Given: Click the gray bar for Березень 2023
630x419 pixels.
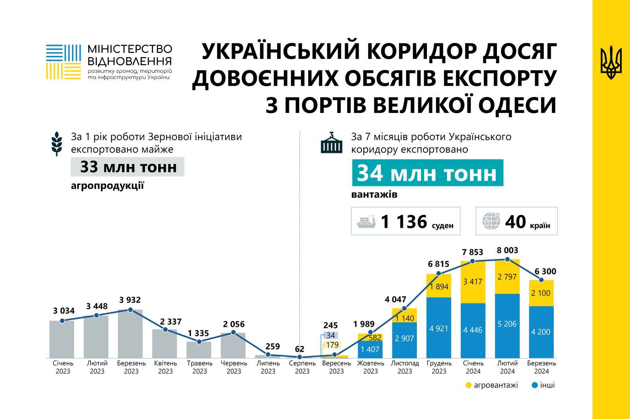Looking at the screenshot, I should (x=130, y=334).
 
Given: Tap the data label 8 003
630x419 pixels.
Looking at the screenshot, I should (x=507, y=250).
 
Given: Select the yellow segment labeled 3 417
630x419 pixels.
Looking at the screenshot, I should (x=473, y=282).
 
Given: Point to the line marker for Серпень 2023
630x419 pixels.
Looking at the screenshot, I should (x=300, y=357).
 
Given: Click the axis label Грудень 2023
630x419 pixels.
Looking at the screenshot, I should (x=439, y=367).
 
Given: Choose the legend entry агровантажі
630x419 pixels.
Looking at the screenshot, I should (x=492, y=385).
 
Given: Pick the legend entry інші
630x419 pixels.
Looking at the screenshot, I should (x=543, y=385).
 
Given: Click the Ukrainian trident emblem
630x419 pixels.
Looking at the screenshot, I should (x=611, y=62).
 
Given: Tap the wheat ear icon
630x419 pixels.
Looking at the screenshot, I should (x=57, y=144).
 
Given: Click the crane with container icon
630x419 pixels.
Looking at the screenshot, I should (x=332, y=143).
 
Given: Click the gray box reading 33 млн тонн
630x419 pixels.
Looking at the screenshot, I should (x=128, y=167).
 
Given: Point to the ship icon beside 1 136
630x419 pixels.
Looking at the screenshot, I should (x=366, y=221).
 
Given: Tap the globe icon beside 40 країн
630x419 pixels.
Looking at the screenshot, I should (x=491, y=221).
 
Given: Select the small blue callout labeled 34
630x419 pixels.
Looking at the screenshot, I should (x=330, y=335).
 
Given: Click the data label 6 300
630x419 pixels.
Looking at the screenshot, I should (x=545, y=272).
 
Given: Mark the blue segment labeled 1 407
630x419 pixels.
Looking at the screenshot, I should (x=370, y=349).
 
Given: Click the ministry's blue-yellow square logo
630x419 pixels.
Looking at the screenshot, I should (x=63, y=62).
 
